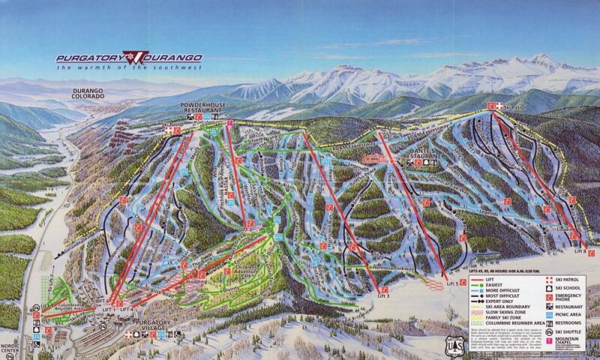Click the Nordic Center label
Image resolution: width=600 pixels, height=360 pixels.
tap(10, 349)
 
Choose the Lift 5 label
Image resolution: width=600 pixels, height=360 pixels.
tap(450, 284)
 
